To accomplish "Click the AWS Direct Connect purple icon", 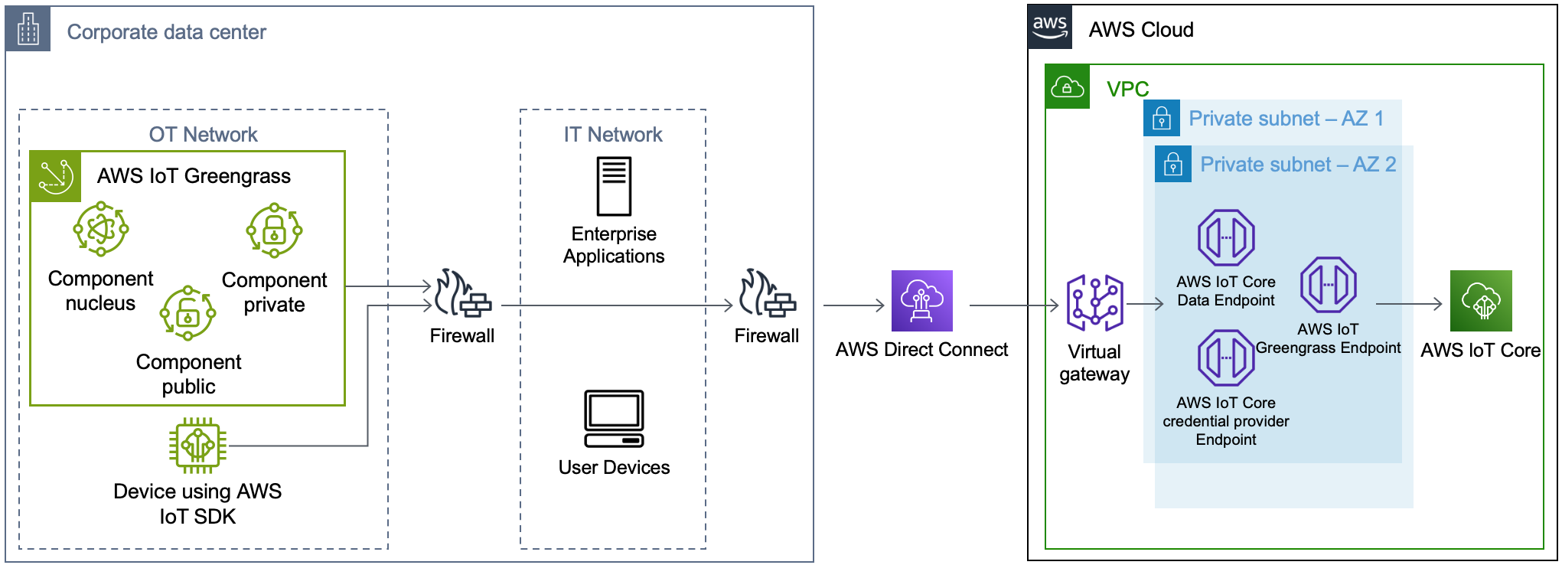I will click(921, 301).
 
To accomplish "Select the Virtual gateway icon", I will click(1094, 303).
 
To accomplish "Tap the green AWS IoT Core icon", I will click(1481, 301).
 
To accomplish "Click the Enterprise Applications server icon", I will click(614, 187).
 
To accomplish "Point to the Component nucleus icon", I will click(100, 229).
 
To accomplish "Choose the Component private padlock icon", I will click(274, 230).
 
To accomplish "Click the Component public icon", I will click(188, 313).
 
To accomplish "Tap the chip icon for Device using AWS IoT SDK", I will click(197, 445).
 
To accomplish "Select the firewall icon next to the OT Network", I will click(462, 294).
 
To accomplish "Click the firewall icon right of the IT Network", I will click(767, 294).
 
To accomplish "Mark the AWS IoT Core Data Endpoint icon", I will click(1226, 238).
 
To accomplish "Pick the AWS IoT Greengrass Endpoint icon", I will click(1329, 285).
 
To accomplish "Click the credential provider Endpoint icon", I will click(1226, 358).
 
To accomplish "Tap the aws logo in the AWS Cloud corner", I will click(1050, 28).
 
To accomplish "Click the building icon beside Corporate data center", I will click(28, 29).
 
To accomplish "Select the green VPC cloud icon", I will click(1068, 87).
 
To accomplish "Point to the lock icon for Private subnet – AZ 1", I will click(1162, 119).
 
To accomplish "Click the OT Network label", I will click(203, 135).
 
